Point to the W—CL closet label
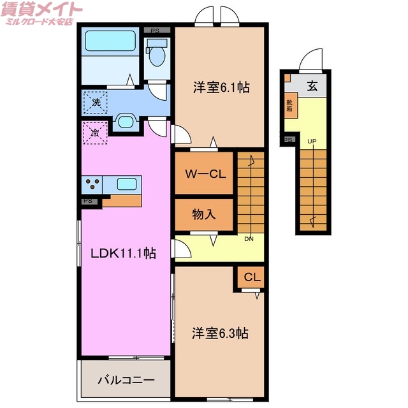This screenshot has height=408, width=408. (x=204, y=173)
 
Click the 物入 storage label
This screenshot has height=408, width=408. (x=204, y=214)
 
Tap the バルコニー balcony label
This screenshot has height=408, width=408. (x=126, y=381)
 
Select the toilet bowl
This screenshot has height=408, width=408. (x=156, y=56)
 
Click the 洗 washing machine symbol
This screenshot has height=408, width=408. (x=96, y=102)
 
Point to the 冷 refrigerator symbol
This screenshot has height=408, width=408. (x=94, y=133)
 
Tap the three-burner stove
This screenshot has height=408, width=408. (x=91, y=185)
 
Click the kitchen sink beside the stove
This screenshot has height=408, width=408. (x=126, y=185)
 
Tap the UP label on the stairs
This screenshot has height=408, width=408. (x=312, y=142)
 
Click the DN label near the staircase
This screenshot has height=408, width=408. (x=249, y=239)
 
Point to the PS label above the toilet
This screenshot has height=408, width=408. (x=155, y=30)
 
